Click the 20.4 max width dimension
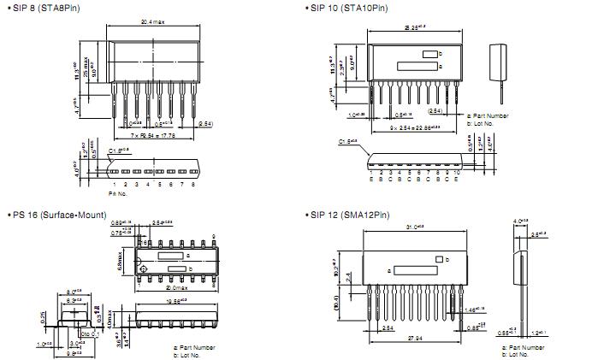coord(153,22)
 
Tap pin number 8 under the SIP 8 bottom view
coord(193,184)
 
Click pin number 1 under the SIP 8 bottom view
coord(114,184)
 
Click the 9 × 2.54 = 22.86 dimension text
coord(413,127)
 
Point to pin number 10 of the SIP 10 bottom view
coord(458,178)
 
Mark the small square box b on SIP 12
coord(440,259)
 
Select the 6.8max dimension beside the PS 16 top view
coord(123,258)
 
